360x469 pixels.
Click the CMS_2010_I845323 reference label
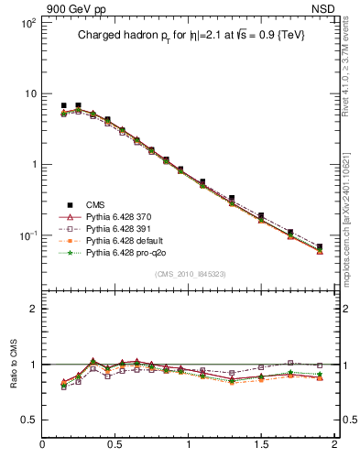point(190,274)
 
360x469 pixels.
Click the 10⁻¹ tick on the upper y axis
point(27,235)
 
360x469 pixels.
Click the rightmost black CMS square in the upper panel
point(320,246)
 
